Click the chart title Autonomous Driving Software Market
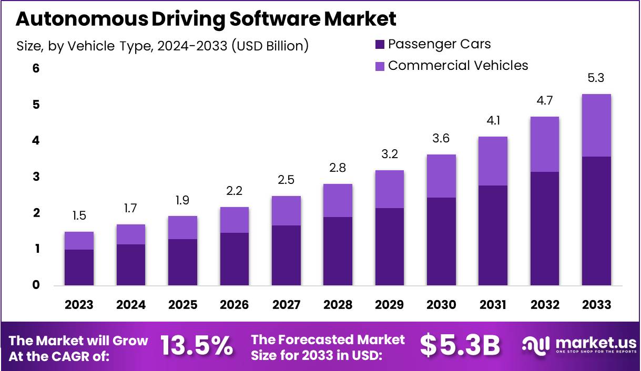coord(206,19)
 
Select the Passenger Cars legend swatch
coord(380,44)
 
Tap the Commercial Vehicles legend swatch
coord(380,66)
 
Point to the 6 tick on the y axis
coord(36,68)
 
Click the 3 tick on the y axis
coord(36,177)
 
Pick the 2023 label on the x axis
coord(79,305)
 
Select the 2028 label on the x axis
coord(338,305)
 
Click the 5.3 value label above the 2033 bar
coord(596,78)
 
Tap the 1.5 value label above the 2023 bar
coord(79,216)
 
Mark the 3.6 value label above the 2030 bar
coord(441,139)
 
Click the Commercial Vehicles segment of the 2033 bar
coord(596,125)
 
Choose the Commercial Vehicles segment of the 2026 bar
coord(234,220)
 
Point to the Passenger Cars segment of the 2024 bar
coord(130,265)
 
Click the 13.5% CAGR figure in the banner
coord(197,345)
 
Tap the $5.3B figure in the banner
coord(460,345)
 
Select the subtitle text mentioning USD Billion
coord(162,46)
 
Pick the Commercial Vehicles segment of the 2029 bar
coord(389,189)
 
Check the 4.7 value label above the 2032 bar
coord(544,100)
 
